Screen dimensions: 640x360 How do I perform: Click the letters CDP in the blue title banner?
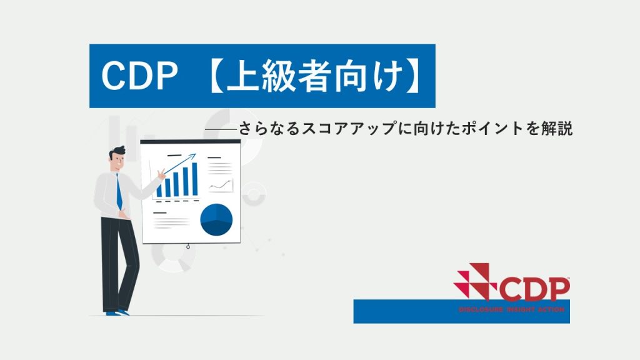[139, 76]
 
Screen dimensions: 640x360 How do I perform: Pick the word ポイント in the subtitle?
[491, 128]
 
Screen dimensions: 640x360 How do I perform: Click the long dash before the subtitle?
[221, 129]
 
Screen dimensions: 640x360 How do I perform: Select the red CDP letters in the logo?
[534, 289]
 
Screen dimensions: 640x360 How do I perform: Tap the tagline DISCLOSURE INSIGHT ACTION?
[511, 309]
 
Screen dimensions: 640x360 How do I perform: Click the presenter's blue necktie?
[119, 192]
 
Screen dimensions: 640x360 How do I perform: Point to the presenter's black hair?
[117, 152]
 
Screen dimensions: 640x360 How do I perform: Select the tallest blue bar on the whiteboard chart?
[195, 179]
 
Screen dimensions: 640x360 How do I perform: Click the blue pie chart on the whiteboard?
[216, 219]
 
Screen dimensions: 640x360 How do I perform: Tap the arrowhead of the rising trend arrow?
[192, 156]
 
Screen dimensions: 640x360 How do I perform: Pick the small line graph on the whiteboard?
[221, 186]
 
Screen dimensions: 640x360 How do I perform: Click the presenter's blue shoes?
[117, 313]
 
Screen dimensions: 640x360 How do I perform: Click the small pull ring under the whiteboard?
[187, 246]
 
